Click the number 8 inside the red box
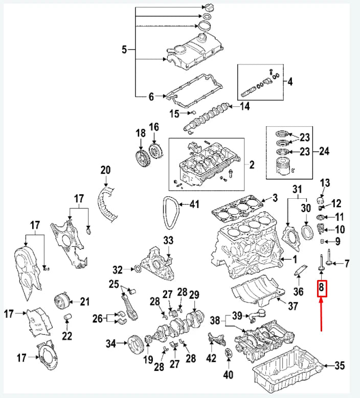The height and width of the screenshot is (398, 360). [x=322, y=289]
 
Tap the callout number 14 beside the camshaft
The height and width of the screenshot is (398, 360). [x=244, y=106]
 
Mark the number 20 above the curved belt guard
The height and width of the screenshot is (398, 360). [x=105, y=170]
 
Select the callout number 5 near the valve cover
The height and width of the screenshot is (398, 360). [x=124, y=50]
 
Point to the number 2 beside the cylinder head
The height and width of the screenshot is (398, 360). [x=251, y=165]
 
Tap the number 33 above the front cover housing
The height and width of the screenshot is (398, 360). [x=168, y=240]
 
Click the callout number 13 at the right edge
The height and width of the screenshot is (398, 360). [x=325, y=183]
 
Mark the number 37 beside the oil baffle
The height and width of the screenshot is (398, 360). [x=292, y=306]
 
